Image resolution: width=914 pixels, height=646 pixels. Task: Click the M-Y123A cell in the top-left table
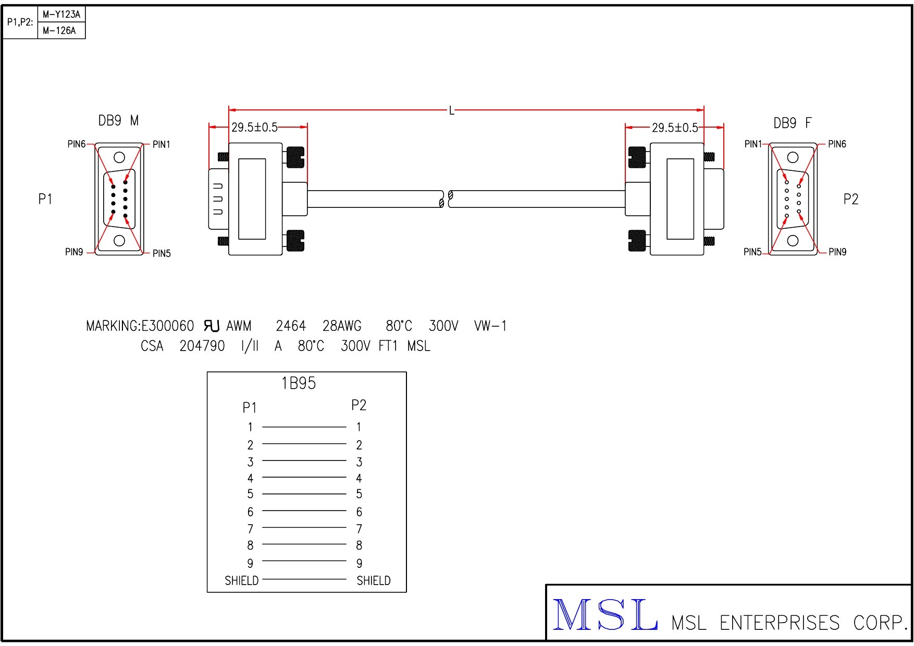[61, 15]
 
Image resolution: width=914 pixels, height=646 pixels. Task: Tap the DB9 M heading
[119, 121]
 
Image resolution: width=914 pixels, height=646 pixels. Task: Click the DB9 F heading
[793, 123]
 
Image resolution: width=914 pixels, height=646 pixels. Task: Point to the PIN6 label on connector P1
[77, 144]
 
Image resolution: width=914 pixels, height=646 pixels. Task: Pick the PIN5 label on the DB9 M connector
[162, 254]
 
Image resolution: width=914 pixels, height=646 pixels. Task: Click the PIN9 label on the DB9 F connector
[837, 252]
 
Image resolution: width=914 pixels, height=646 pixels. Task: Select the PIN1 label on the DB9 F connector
[753, 144]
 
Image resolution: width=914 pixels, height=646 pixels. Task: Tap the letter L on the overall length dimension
[452, 110]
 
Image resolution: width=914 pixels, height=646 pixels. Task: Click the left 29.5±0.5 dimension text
[254, 128]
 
